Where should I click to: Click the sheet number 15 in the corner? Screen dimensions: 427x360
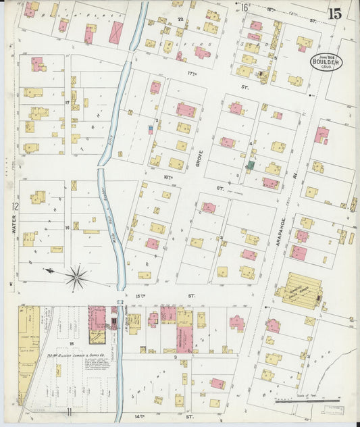coord(334,14)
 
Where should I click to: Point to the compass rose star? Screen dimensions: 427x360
coord(76,276)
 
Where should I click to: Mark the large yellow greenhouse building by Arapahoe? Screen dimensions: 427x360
coord(302,290)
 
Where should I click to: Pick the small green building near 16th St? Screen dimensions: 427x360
coord(251,165)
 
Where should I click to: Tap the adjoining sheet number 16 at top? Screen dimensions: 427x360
coord(245,7)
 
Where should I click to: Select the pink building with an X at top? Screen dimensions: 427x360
coord(116,32)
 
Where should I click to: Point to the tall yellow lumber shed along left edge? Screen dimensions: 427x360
coord(29,351)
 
